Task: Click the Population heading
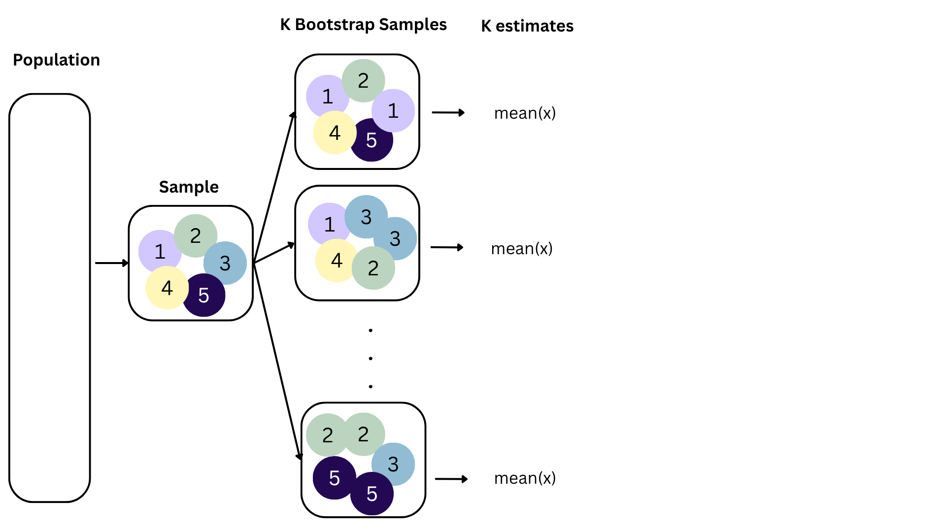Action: coord(56,60)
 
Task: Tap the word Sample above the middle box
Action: coord(189,187)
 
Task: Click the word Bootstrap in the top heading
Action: coord(335,25)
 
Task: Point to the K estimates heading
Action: coord(527,26)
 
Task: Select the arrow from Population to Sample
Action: coord(111,263)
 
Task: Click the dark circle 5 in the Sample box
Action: coord(204,296)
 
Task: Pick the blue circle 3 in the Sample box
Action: coord(226,263)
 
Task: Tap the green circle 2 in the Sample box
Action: coord(196,235)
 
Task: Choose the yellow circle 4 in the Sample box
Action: coord(167,288)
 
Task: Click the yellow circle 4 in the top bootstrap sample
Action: coord(335,133)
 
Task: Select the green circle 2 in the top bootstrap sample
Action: coord(363,80)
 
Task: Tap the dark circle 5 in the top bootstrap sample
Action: coord(372,141)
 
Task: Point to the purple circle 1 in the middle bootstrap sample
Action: coord(329,225)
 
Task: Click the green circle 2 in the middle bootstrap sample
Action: coord(373,268)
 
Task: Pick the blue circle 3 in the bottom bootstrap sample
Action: coord(393,464)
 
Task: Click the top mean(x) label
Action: coord(525,113)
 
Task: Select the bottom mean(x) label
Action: coord(525,478)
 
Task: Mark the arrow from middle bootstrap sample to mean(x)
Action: coord(447,247)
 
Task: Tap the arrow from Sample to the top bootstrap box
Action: coord(274,187)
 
